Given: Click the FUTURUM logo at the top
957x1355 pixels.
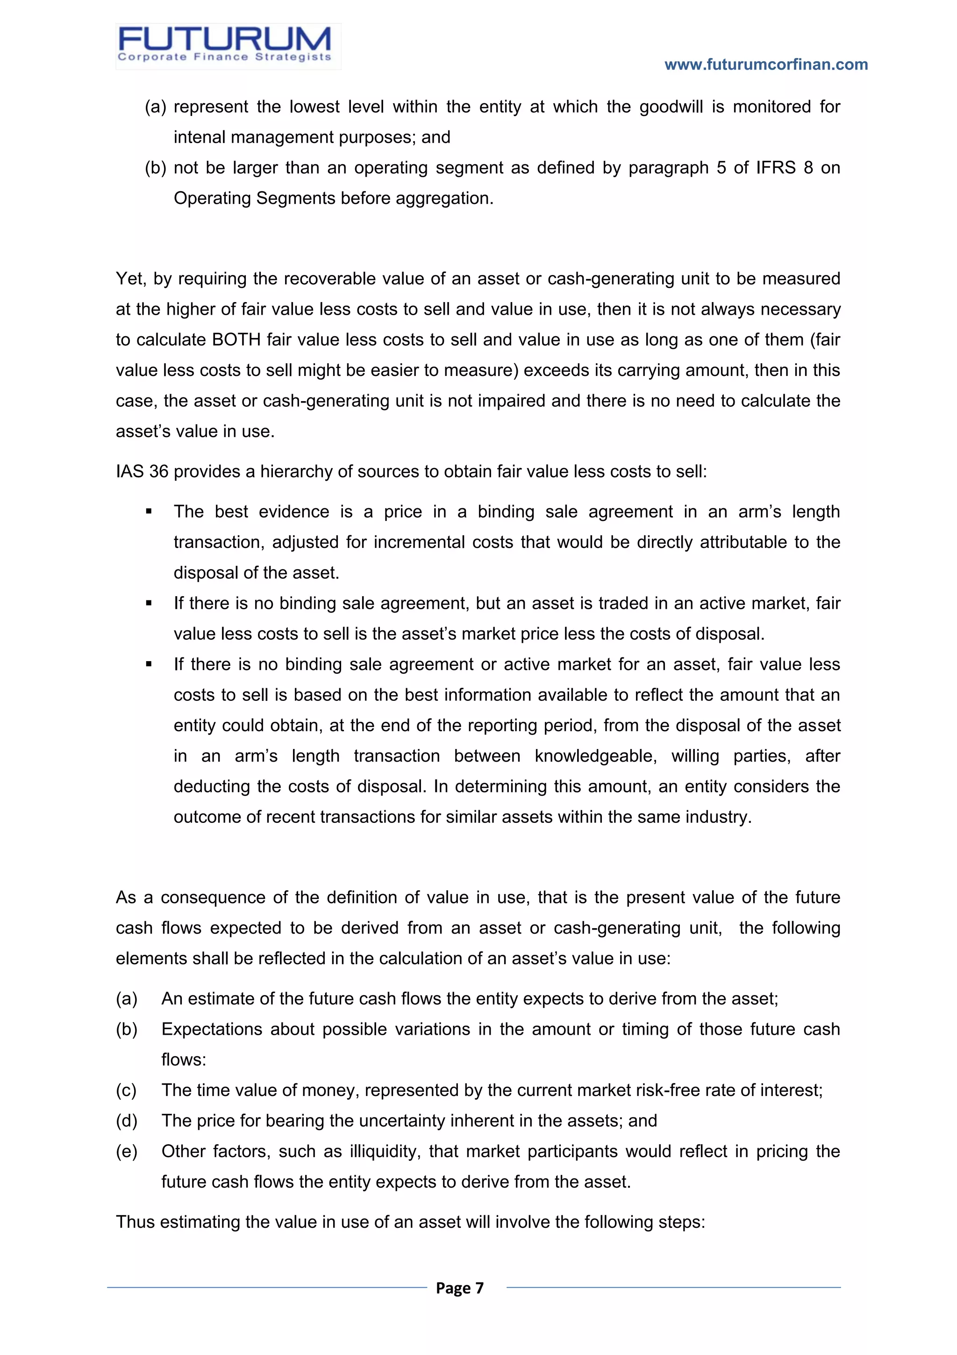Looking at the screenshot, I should click(x=228, y=46).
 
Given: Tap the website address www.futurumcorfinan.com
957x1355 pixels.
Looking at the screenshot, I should click(x=765, y=65).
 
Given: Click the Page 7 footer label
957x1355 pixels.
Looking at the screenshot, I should click(x=459, y=1288).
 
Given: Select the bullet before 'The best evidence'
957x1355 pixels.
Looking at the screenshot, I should click(x=149, y=512).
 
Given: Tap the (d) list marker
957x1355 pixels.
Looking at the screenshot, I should click(x=126, y=1121).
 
